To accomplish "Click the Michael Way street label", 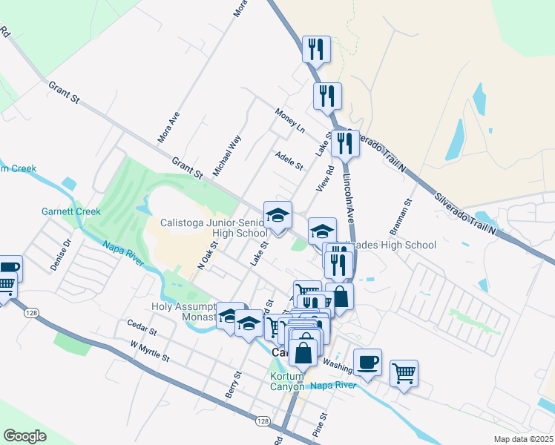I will point(227,155).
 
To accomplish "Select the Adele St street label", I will point(289,160).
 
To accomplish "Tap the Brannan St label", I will point(407,212).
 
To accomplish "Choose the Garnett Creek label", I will point(70,211).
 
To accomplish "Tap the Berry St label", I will point(230,386).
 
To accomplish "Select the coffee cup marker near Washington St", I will point(367,363).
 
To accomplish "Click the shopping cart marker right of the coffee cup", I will point(404,373).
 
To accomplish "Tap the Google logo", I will point(25,435).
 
